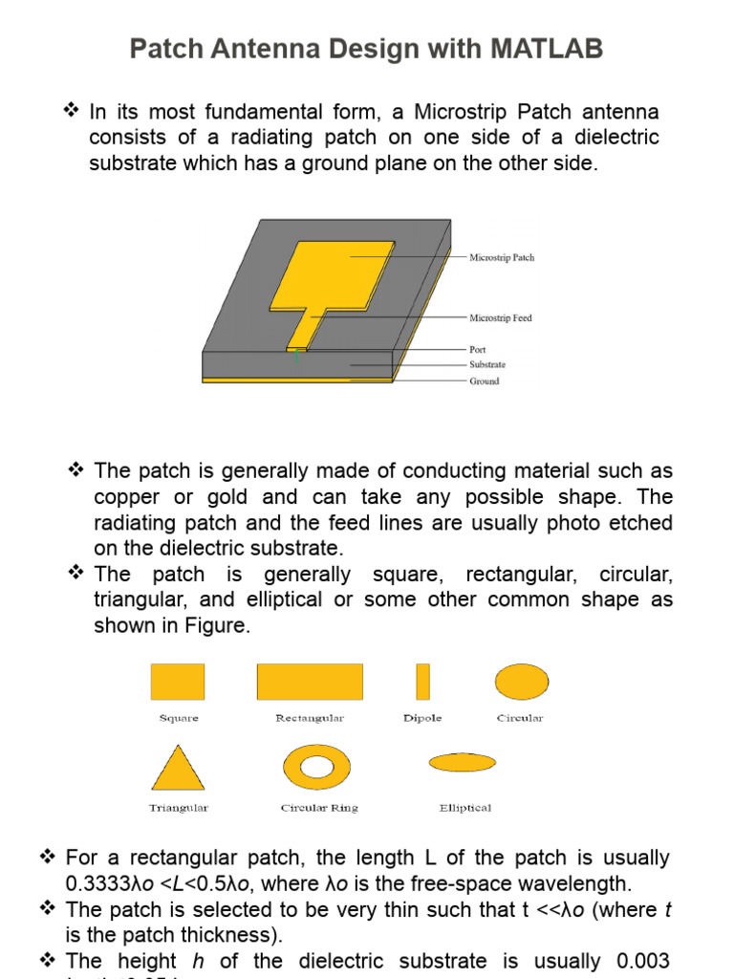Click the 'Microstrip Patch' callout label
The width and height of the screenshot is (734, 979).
502,257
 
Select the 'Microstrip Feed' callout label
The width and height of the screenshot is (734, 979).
501,317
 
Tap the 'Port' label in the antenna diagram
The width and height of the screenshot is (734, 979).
478,350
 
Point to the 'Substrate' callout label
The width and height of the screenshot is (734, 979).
487,364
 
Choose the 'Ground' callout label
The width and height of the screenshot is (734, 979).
484,381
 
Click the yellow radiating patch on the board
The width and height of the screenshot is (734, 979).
335,272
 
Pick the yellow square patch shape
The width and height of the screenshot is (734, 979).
178,682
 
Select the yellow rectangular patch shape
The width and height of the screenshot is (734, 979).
310,682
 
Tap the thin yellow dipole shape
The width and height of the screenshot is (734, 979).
422,682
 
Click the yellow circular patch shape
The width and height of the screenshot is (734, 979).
521,682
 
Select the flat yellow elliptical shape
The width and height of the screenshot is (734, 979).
463,762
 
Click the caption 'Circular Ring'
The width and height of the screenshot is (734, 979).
319,808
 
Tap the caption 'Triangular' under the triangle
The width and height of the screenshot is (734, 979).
178,808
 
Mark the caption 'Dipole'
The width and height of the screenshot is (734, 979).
422,718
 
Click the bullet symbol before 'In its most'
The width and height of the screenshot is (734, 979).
70,112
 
